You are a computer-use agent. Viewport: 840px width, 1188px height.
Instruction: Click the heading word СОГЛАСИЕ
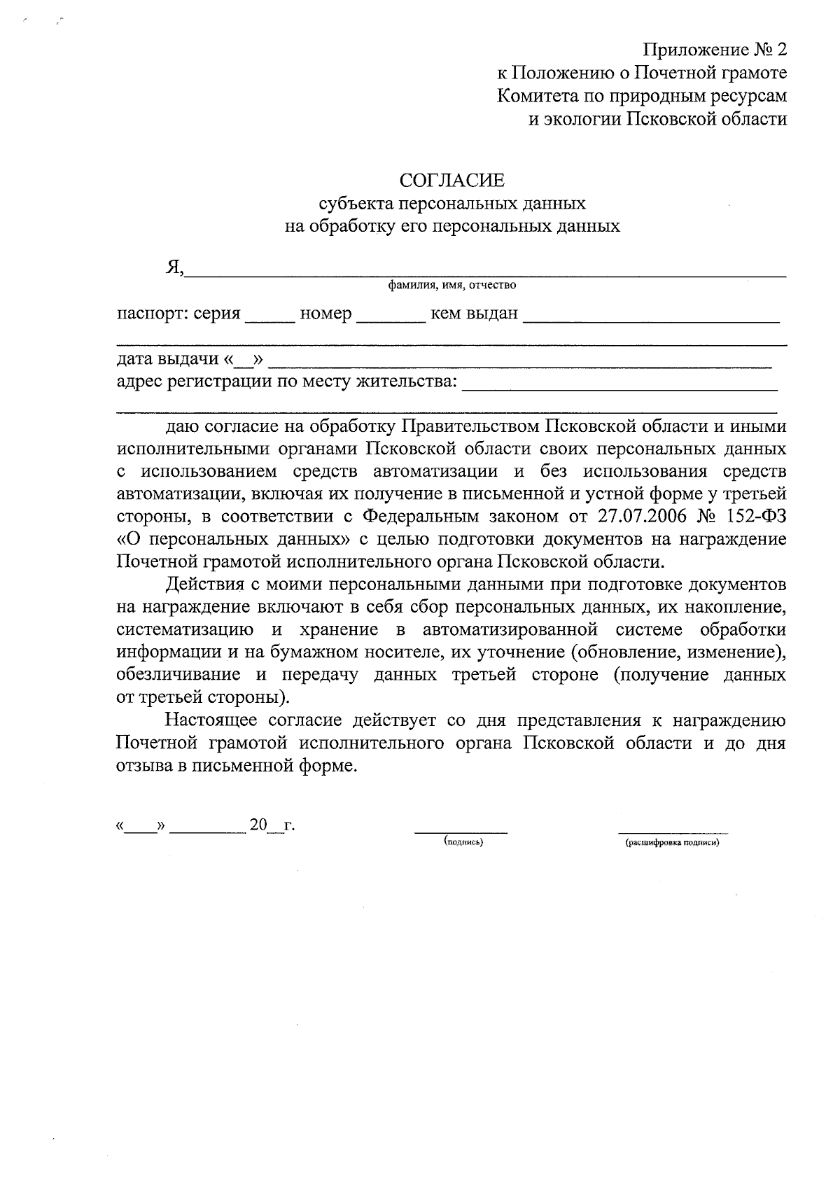click(x=451, y=181)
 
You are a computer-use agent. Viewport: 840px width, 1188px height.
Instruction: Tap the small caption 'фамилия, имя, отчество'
click(x=452, y=285)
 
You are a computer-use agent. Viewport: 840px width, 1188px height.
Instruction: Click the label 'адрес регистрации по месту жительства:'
click(x=286, y=382)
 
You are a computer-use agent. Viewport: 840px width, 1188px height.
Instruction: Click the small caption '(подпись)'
click(x=463, y=842)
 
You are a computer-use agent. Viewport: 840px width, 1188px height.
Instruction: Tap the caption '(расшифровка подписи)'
click(x=672, y=843)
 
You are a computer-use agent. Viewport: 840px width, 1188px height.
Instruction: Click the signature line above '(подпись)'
click(x=461, y=832)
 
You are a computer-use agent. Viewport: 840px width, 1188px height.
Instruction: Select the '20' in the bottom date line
click(x=258, y=825)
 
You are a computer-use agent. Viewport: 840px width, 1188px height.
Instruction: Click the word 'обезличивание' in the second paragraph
click(x=179, y=676)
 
